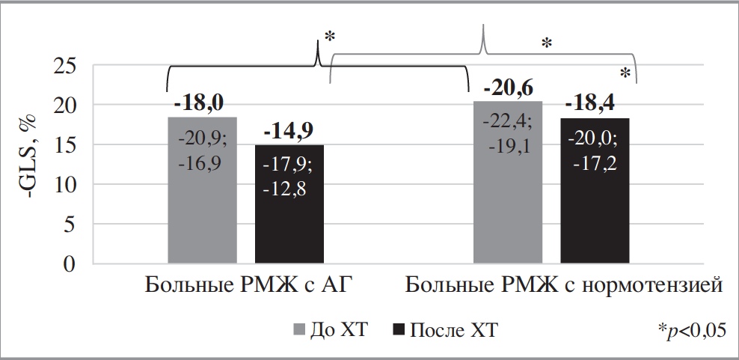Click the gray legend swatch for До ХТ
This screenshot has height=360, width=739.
(x=297, y=329)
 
